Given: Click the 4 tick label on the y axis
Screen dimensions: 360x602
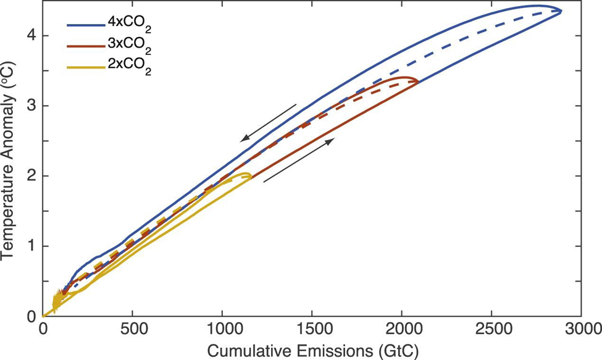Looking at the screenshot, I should click(29, 36).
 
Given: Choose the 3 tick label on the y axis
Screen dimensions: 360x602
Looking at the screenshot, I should click(29, 106).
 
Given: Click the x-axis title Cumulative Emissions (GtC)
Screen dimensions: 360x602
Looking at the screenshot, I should click(312, 350).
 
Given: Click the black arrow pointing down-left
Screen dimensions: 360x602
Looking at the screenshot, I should click(269, 122).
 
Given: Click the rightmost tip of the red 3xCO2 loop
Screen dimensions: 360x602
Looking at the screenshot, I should click(419, 81).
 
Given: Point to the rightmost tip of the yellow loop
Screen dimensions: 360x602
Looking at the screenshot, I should click(251, 176).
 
